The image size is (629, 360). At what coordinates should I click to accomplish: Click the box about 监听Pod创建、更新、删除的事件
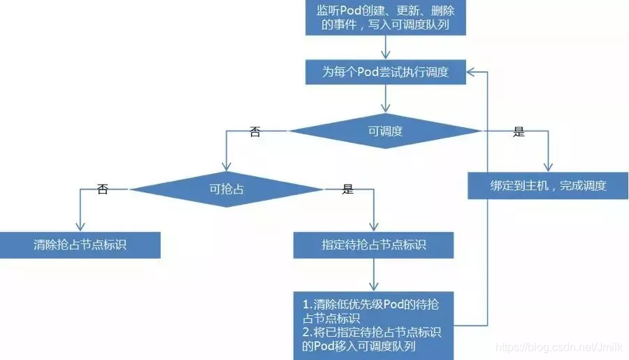pyautogui.click(x=386, y=17)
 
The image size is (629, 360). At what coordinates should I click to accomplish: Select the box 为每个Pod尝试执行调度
pyautogui.click(x=385, y=72)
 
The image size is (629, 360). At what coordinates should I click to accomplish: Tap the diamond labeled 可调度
pyautogui.click(x=385, y=131)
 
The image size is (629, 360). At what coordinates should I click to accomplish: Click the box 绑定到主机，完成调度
pyautogui.click(x=547, y=186)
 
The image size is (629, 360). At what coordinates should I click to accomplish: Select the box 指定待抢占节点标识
pyautogui.click(x=374, y=245)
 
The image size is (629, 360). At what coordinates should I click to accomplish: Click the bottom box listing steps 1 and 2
pyautogui.click(x=374, y=325)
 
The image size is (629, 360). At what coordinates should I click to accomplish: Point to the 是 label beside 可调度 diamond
pyautogui.click(x=519, y=131)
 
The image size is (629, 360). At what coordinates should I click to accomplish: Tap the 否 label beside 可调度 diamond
pyautogui.click(x=255, y=131)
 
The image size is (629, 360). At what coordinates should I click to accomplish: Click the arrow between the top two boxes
pyautogui.click(x=385, y=47)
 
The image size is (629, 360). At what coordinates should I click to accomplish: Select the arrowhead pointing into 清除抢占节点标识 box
pyautogui.click(x=80, y=227)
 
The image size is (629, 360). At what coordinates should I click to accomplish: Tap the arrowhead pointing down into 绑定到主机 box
pyautogui.click(x=547, y=168)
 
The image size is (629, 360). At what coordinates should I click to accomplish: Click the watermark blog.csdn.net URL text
pyautogui.click(x=559, y=347)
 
